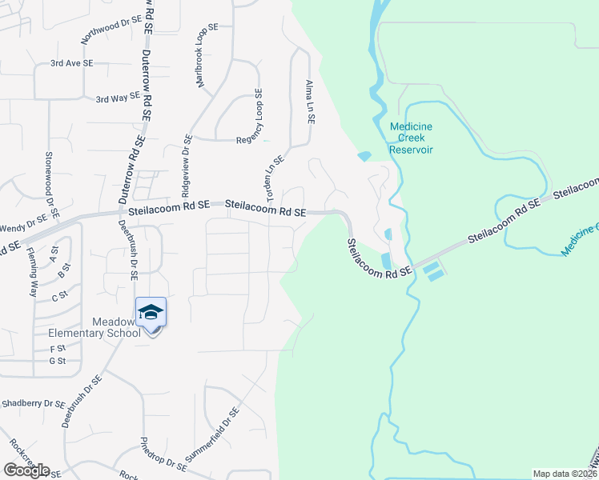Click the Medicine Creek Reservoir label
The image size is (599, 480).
tap(411, 138)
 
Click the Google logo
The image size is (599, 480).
tap(26, 470)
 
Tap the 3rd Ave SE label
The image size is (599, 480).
tap(72, 62)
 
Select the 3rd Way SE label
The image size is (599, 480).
tap(118, 98)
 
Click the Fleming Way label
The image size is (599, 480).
tap(32, 273)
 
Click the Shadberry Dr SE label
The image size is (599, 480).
tap(32, 404)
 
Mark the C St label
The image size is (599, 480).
tap(58, 297)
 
